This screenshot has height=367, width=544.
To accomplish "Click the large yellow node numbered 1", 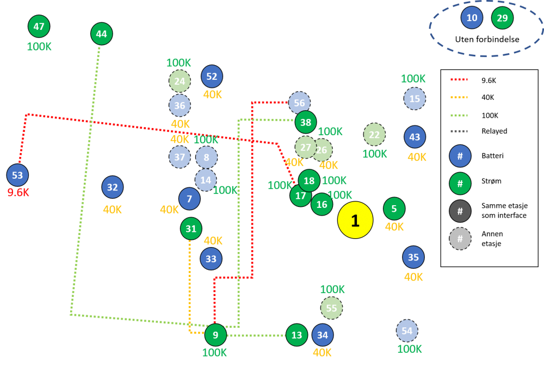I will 355,220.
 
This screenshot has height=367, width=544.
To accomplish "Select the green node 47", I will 39,26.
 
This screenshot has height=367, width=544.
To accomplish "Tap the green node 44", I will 102,34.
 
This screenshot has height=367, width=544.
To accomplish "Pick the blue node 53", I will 17,175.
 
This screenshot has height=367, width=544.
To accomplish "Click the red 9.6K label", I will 18,193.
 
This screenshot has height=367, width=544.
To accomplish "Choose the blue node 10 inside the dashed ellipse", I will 472,17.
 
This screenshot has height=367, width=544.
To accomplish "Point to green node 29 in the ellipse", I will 502,18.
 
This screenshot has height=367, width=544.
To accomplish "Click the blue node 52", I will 212,77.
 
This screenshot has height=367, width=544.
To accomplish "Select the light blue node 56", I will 299,103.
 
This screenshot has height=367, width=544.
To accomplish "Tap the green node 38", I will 306,122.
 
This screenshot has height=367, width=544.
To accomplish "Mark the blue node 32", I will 113,187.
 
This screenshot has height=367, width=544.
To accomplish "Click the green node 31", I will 191,229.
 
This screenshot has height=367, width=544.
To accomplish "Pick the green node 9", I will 215,335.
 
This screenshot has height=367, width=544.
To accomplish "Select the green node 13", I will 296,335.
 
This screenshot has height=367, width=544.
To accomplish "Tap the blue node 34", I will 323,335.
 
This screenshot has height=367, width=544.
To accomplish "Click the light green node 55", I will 331,308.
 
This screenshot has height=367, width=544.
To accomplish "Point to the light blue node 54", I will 407,331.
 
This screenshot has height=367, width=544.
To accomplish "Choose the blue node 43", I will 415,137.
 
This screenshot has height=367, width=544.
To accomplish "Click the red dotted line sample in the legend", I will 459,80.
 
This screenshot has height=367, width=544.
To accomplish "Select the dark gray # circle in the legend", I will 460,211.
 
